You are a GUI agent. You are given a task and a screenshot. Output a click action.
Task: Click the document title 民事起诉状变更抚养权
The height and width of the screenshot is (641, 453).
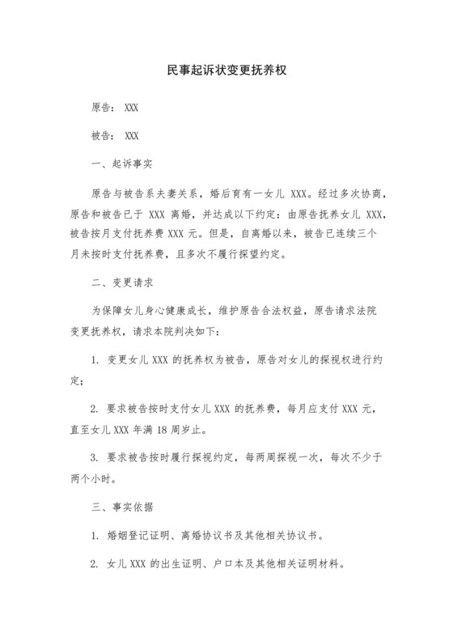[226, 70]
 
